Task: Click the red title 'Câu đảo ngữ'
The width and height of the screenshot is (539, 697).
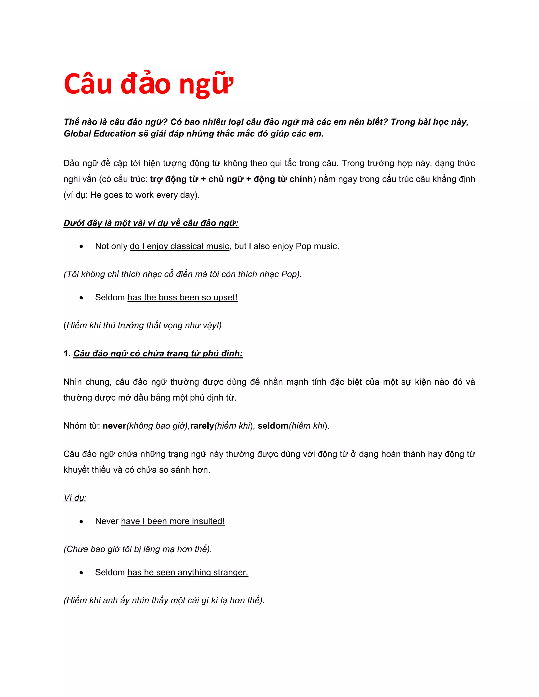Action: [148, 84]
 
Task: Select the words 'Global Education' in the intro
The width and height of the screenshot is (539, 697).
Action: [100, 134]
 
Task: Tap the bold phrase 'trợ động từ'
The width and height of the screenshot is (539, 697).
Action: [174, 179]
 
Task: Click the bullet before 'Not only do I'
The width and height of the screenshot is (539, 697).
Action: [81, 246]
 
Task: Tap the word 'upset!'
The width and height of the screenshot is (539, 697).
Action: [226, 297]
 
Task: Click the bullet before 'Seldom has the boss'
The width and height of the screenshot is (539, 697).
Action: [81, 298]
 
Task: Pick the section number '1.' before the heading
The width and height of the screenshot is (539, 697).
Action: [67, 353]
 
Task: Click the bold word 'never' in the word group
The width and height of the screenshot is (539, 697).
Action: [114, 426]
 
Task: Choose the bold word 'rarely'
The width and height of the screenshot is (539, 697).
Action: [202, 426]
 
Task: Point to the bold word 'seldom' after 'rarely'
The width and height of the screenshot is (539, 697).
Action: [273, 426]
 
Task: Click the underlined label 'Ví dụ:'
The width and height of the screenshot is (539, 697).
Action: [75, 498]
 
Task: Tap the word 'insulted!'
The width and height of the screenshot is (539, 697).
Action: [208, 521]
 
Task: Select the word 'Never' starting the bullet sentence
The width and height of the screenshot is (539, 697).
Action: [107, 521]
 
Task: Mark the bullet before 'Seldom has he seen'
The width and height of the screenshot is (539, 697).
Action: [81, 573]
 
